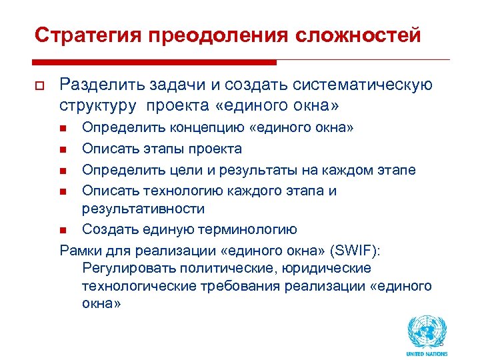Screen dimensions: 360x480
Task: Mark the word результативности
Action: click(143, 209)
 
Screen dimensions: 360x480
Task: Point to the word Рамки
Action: click(79, 251)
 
